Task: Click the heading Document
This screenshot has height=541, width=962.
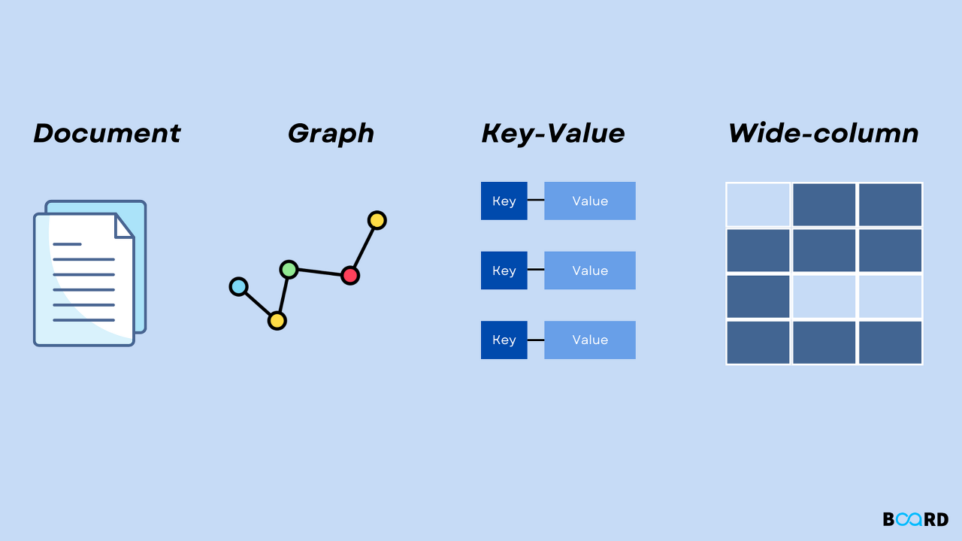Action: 107,134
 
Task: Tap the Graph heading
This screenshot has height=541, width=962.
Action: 331,134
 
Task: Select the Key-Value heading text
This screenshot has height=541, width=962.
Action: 553,134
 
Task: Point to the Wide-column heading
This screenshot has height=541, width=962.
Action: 824,134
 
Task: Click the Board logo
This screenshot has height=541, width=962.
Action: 915,519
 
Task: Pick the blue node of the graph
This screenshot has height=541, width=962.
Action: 239,286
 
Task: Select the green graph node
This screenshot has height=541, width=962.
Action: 289,269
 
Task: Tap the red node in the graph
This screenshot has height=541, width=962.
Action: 349,275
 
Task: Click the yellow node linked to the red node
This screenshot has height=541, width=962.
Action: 377,220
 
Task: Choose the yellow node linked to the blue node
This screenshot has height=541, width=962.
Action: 277,321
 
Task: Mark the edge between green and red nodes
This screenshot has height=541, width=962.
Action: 319,272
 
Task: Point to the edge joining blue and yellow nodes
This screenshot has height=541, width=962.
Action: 258,304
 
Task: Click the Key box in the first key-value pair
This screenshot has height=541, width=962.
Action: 504,201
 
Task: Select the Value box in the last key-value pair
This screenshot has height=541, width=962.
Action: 590,340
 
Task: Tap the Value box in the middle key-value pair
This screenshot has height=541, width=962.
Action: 590,270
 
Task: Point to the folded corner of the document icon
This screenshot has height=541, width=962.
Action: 123,226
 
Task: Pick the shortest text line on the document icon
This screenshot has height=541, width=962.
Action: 68,244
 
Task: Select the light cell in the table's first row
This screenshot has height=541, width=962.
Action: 758,204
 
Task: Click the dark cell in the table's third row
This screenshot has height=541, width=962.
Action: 758,296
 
